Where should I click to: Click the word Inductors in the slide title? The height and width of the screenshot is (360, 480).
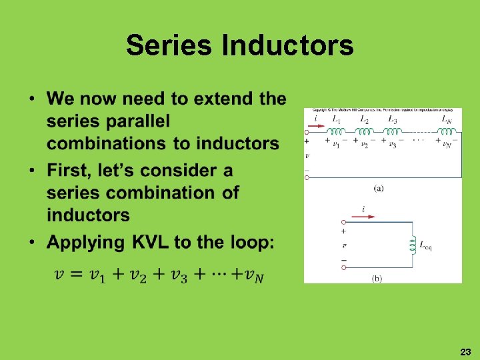click(x=287, y=45)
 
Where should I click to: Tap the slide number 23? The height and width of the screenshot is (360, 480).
click(x=465, y=351)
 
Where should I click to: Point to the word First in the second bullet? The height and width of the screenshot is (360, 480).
click(x=70, y=171)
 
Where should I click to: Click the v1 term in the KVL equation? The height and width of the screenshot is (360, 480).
click(x=102, y=275)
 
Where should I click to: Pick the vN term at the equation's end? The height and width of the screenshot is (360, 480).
click(x=254, y=275)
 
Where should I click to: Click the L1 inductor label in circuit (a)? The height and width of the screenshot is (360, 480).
click(x=337, y=119)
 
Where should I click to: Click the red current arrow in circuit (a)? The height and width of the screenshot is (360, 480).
click(x=317, y=127)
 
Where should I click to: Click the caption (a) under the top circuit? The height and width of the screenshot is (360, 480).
click(x=378, y=188)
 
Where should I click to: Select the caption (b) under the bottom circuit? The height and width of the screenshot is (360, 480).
click(x=376, y=279)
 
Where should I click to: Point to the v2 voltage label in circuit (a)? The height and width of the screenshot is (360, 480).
click(x=364, y=144)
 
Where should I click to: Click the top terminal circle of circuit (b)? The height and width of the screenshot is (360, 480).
click(x=343, y=222)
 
